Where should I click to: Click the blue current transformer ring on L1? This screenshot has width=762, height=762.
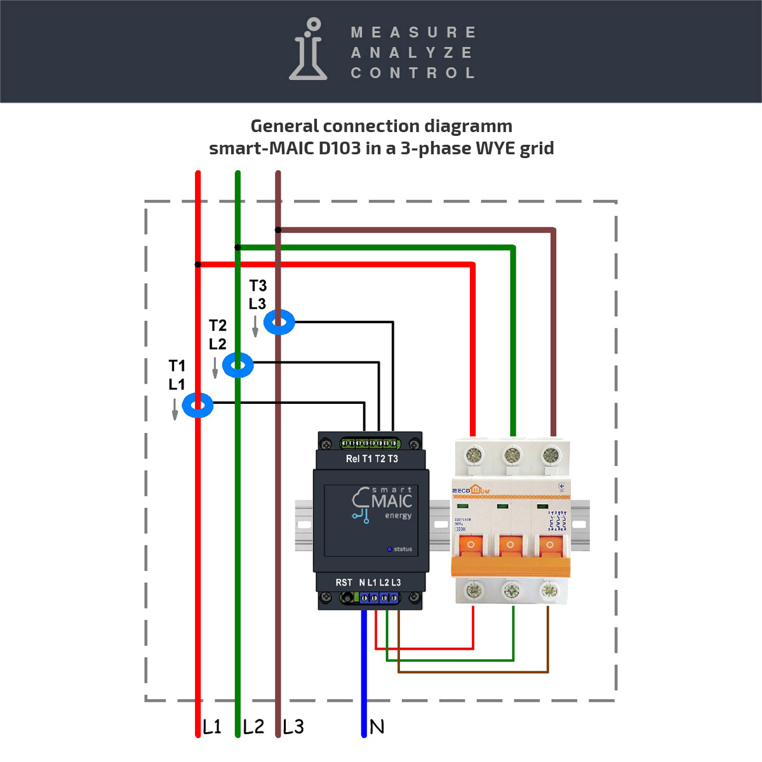click(197, 405)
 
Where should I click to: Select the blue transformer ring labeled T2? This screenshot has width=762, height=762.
click(238, 365)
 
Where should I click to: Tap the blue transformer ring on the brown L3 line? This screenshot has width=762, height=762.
click(279, 323)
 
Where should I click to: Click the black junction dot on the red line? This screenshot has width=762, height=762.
click(198, 264)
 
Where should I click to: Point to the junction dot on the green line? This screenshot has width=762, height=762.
click(237, 247)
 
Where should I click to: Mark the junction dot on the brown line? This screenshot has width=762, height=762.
click(278, 230)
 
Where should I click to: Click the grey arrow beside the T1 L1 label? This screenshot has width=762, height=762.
click(175, 410)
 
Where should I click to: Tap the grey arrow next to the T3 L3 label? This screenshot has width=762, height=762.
click(255, 327)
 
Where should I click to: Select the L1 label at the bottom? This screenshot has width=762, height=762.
click(212, 727)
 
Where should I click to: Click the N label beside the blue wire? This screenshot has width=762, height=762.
click(377, 727)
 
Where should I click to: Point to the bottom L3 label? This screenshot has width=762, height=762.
click(293, 727)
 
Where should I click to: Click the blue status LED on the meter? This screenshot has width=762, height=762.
click(390, 549)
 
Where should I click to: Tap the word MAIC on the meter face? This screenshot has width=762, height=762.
click(392, 501)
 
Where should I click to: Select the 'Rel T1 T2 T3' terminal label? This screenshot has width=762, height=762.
click(371, 458)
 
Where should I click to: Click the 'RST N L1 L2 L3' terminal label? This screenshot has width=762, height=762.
click(368, 582)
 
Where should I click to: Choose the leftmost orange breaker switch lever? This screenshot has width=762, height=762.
click(471, 546)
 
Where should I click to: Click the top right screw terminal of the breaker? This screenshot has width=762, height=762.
click(551, 455)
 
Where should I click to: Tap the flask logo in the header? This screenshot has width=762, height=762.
click(309, 50)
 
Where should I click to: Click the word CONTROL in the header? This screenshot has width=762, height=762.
click(413, 73)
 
